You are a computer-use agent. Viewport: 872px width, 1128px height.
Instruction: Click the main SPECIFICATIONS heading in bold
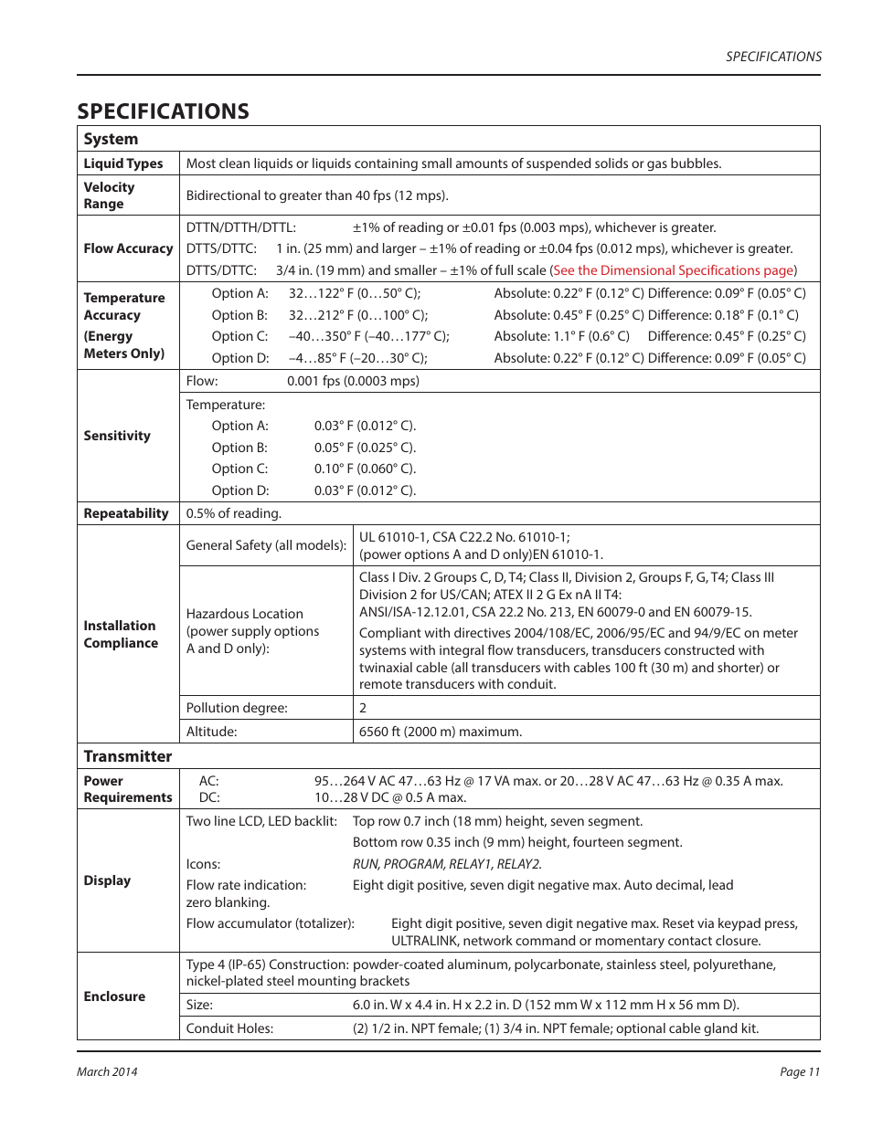pyautogui.click(x=163, y=111)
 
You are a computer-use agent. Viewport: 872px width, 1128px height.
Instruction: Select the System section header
pyautogui.click(x=111, y=139)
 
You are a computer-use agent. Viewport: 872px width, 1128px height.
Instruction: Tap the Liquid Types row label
pyautogui.click(x=123, y=163)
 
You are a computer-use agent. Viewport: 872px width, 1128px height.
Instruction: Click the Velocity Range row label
pyautogui.click(x=109, y=195)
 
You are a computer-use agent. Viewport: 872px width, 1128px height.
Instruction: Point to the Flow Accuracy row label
pyautogui.click(x=128, y=248)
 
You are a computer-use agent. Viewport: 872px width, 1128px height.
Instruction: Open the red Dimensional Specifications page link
pyautogui.click(x=675, y=270)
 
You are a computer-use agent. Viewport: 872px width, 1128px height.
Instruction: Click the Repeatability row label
pyautogui.click(x=126, y=513)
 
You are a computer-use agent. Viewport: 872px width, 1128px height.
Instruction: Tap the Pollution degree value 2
pyautogui.click(x=363, y=708)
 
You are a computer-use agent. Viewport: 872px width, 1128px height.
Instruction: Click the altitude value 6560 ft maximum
pyautogui.click(x=441, y=732)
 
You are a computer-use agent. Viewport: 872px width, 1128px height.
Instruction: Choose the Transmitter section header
pyautogui.click(x=128, y=756)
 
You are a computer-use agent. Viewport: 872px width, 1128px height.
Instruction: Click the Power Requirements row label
pyautogui.click(x=128, y=789)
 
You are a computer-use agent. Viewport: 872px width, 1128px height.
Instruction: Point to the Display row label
pyautogui.click(x=107, y=880)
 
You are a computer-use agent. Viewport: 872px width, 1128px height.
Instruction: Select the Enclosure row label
pyautogui.click(x=114, y=996)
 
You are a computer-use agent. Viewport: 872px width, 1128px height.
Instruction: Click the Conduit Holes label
pyautogui.click(x=229, y=1028)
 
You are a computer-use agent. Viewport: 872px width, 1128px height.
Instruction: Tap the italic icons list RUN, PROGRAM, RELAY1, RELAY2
pyautogui.click(x=447, y=864)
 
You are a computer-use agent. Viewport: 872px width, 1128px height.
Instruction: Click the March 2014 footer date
pyautogui.click(x=107, y=1071)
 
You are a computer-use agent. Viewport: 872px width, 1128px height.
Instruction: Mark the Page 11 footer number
pyautogui.click(x=799, y=1071)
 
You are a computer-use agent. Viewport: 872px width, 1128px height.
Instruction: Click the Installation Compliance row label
pyautogui.click(x=121, y=634)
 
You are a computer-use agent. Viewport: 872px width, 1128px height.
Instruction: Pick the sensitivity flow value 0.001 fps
pyautogui.click(x=353, y=381)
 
